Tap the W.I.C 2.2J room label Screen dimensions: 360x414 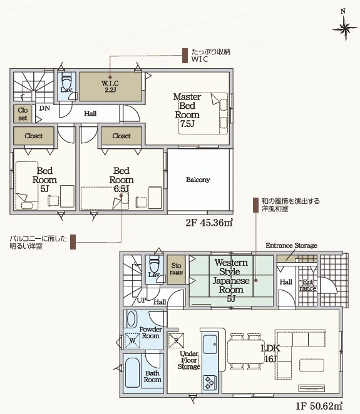pyautogui.click(x=110, y=86)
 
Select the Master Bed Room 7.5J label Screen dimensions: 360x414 pyautogui.click(x=187, y=110)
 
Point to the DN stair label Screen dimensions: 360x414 pyautogui.click(x=44, y=108)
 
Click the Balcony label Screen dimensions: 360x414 pyautogui.click(x=198, y=179)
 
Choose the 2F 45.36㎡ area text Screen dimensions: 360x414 pyautogui.click(x=209, y=223)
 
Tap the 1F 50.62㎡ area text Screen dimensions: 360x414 pyautogui.click(x=319, y=405)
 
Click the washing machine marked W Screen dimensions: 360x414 pyautogui.click(x=133, y=341)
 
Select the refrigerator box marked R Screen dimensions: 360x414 pyautogui.click(x=177, y=341)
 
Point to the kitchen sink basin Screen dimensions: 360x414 pyautogui.click(x=210, y=345)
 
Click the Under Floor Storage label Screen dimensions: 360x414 pyautogui.click(x=188, y=360)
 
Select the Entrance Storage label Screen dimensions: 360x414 pyautogui.click(x=291, y=245)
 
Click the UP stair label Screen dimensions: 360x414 pyautogui.click(x=141, y=300)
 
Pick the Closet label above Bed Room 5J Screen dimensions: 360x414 pyautogui.click(x=34, y=136)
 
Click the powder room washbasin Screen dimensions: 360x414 pyautogui.click(x=131, y=319)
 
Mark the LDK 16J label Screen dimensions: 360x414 pyautogui.click(x=270, y=353)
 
